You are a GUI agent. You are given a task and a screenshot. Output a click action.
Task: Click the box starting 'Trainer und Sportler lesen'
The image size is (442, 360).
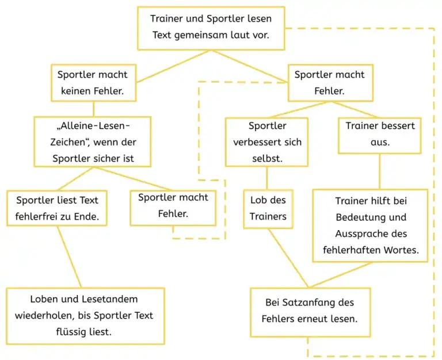(x=211, y=28)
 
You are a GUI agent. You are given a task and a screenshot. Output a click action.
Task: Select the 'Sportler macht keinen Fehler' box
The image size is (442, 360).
(x=93, y=83)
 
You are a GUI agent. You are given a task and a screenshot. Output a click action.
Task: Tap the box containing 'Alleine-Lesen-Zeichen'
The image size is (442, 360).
(x=93, y=142)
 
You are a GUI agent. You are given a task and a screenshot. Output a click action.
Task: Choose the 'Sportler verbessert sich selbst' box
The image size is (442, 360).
(x=267, y=142)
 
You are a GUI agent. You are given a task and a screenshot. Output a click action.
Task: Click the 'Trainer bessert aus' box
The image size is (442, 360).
(x=380, y=135)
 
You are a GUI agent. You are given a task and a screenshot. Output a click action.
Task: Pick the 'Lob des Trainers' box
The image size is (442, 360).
(x=268, y=209)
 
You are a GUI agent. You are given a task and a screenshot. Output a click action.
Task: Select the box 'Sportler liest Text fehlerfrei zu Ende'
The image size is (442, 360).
(x=58, y=209)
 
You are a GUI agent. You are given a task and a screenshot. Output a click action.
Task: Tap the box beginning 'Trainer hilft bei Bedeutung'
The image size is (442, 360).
(x=371, y=225)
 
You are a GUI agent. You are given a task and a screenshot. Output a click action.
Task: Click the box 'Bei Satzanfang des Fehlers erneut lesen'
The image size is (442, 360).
(x=309, y=311)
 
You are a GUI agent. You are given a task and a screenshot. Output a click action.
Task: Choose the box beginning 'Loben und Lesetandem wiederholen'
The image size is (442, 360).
(x=85, y=316)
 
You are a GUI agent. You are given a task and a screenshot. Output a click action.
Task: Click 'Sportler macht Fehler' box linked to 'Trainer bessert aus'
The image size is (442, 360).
(x=329, y=83)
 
